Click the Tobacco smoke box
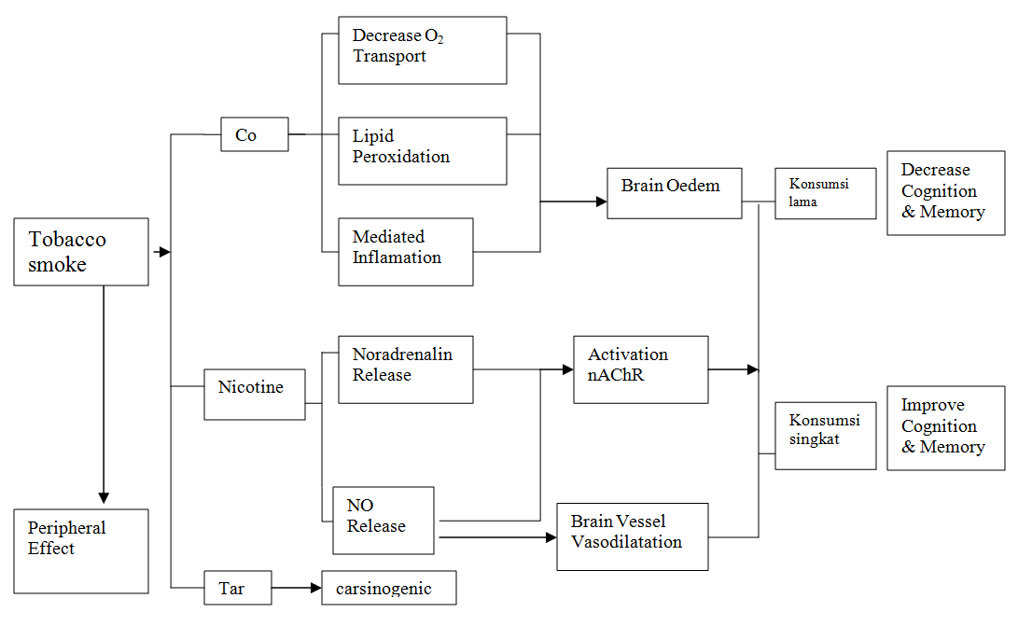81,252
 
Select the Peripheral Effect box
81,550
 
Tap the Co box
255,134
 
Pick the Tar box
238,589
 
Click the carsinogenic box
389,588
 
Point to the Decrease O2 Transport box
423,50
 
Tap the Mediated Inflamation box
406,252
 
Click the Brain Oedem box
675,193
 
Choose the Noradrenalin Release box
406,369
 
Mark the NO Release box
383,521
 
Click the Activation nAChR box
641,369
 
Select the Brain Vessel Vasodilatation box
633,536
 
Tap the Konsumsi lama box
826,193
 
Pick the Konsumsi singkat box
826,436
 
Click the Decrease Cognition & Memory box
946,193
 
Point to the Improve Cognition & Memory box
946,428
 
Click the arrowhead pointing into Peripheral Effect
104,496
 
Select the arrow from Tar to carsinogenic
297,589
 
